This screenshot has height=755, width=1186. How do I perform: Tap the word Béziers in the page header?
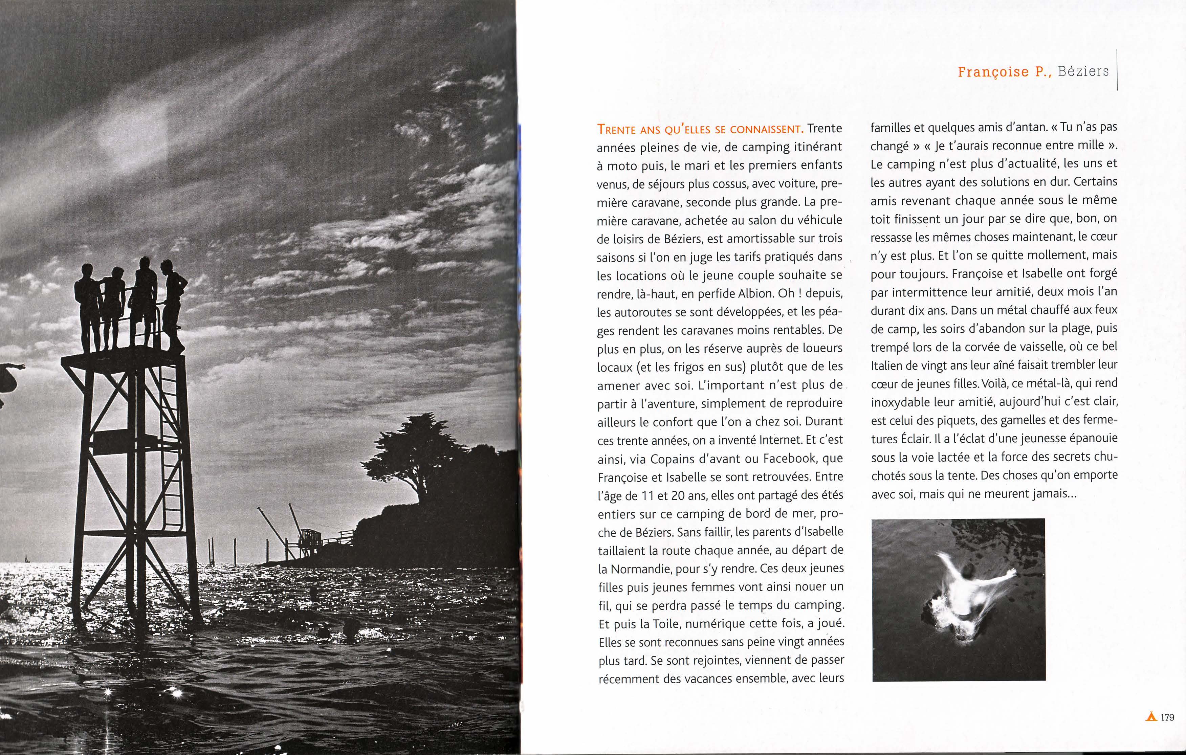(1083, 71)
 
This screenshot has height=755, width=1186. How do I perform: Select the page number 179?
(1168, 717)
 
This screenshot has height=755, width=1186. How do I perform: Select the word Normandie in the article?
(641, 569)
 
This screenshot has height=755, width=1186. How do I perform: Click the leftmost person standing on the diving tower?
(88, 305)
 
